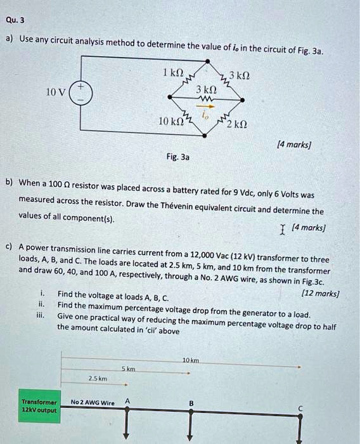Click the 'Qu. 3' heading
click(15, 20)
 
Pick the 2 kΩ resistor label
click(238, 123)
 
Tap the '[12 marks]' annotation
click(322, 294)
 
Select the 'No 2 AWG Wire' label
click(93, 402)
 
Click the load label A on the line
click(127, 400)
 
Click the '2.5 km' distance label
click(97, 379)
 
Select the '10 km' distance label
click(190, 360)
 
